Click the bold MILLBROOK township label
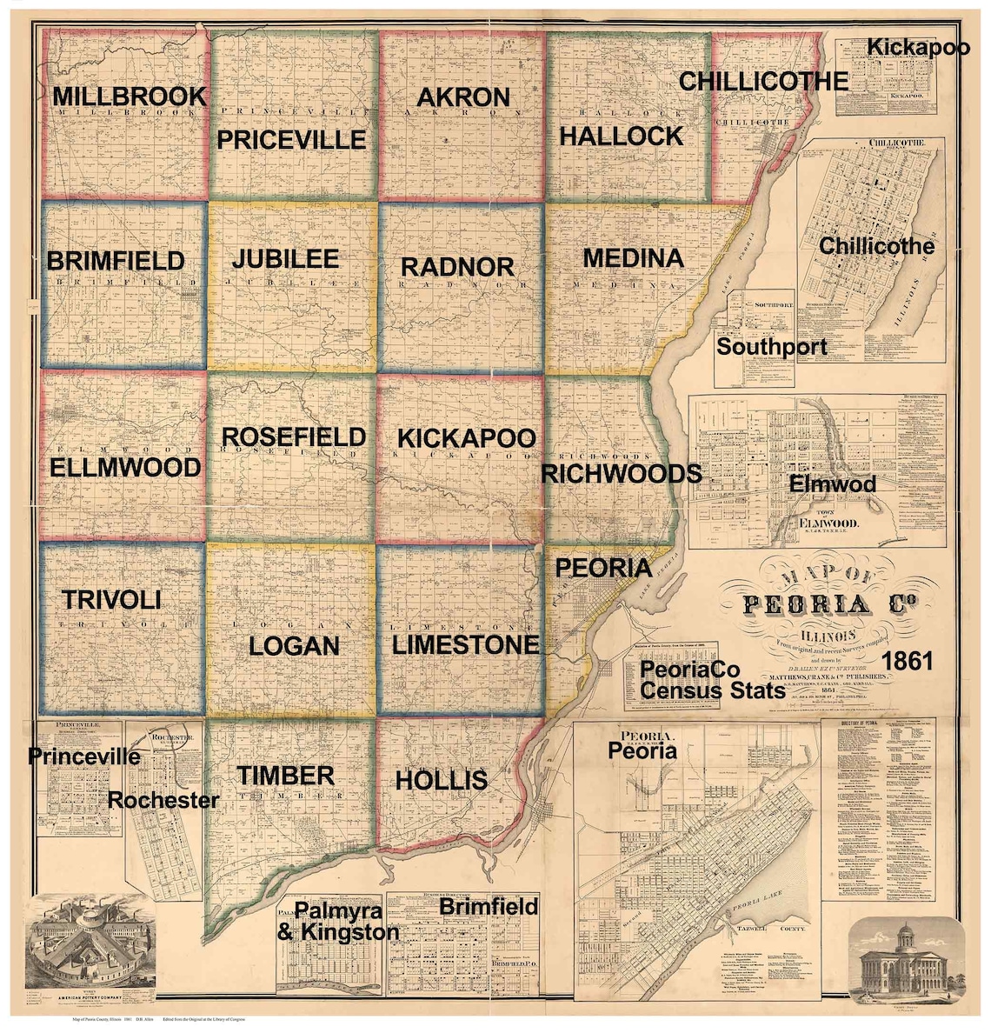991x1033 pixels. coord(129,96)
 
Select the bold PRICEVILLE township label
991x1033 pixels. coord(291,140)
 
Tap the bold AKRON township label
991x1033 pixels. coord(462,97)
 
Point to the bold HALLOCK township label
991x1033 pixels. coord(621,136)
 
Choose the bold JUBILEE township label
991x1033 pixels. coord(285,259)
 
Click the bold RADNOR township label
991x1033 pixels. coord(457,266)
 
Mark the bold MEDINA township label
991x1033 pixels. coord(633,258)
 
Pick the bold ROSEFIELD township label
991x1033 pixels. coord(294,437)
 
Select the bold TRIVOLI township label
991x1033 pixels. coord(111,600)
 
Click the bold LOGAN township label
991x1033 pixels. coord(294,646)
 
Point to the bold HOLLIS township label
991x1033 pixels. coord(441,780)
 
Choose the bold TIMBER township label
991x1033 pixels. coord(285,775)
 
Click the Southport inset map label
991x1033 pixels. coord(771,347)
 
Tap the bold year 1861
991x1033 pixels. coord(907,661)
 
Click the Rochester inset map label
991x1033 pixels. coord(163,800)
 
